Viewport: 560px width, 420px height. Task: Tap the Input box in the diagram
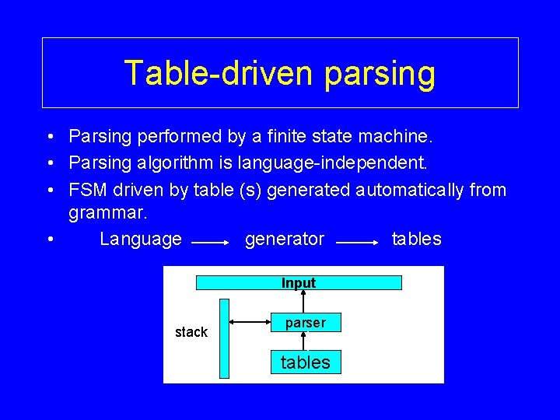point(299,283)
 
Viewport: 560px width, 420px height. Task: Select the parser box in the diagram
point(305,323)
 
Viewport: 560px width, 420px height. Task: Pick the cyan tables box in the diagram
point(305,362)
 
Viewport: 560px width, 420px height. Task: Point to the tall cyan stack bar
point(225,338)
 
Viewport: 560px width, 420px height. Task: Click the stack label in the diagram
point(191,332)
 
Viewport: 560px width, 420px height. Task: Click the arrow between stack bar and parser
point(250,320)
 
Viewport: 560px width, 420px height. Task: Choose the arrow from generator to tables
point(357,243)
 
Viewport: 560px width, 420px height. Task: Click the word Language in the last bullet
point(141,239)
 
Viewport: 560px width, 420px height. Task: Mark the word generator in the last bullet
point(285,239)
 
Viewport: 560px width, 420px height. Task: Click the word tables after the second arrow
point(416,239)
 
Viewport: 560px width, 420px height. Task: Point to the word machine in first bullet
point(396,137)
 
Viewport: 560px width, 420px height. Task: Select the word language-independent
point(345,163)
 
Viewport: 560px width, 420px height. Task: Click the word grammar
point(101,212)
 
